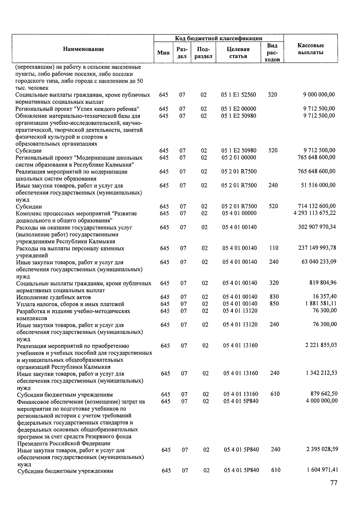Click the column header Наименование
click(x=83, y=49)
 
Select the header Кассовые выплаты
click(x=310, y=49)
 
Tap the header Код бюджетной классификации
click(x=219, y=38)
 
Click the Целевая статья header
click(x=238, y=52)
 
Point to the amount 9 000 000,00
click(x=319, y=95)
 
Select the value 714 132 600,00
click(x=316, y=206)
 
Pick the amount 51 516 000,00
click(x=318, y=185)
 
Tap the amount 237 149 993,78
click(x=317, y=248)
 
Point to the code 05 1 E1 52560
click(x=238, y=95)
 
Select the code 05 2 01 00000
click(x=239, y=157)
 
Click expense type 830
click(x=274, y=297)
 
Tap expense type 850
click(x=274, y=304)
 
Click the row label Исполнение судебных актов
click(x=54, y=297)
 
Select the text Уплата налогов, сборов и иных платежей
click(x=70, y=304)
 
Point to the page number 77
click(x=334, y=483)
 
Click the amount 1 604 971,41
click(x=322, y=470)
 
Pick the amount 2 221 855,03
click(x=321, y=345)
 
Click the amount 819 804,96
click(x=323, y=283)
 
